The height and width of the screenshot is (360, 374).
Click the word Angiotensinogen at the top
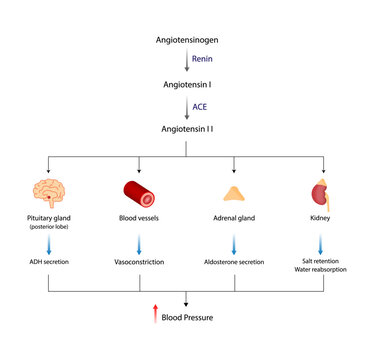point(186,40)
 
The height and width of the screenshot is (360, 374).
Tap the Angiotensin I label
point(186,85)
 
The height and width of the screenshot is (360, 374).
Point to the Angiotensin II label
point(186,129)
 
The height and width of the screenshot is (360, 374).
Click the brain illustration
point(43,190)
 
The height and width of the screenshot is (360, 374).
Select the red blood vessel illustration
point(138,191)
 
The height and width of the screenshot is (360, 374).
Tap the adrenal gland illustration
point(235,193)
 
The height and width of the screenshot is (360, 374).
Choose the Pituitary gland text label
point(43,217)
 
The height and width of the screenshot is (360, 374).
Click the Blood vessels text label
point(138,217)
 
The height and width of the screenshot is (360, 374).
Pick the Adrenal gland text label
point(235,217)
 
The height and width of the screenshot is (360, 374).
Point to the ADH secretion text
point(43,261)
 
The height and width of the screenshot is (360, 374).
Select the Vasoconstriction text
point(138,261)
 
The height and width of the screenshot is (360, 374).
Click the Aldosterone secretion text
point(235,261)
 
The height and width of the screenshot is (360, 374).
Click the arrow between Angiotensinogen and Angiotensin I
point(186,62)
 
